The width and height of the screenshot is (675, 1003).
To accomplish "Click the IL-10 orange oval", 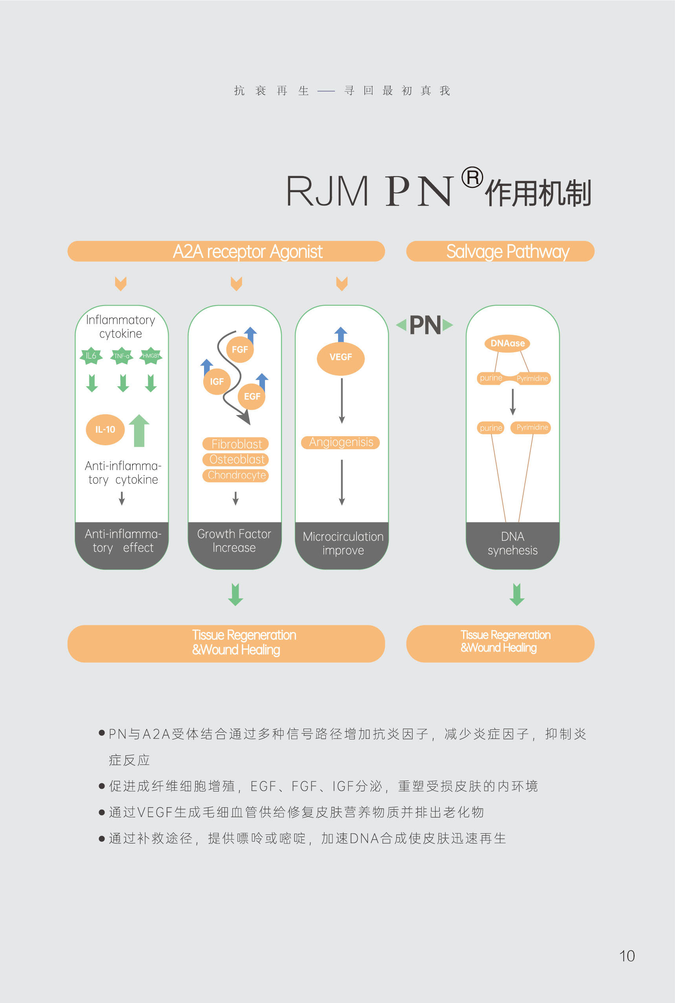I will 105,430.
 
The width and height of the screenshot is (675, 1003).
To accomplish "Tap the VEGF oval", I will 340,358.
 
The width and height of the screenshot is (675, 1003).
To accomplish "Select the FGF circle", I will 240,349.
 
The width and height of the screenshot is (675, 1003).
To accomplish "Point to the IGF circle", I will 217,381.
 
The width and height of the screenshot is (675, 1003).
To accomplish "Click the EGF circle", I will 252,396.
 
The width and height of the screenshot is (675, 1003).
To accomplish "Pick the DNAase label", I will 508,344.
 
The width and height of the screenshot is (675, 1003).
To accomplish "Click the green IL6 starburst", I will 91,355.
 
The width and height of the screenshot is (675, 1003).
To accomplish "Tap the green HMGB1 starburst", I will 151,355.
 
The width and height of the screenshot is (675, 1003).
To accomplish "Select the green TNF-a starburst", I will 121,356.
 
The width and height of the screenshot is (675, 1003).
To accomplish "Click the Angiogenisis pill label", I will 340,442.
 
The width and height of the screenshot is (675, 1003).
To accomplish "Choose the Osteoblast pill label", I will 236,459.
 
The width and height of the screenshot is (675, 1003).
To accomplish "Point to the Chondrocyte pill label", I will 236,475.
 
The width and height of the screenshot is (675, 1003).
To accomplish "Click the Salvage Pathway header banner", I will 500,251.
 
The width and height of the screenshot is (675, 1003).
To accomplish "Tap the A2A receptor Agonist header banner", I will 226,251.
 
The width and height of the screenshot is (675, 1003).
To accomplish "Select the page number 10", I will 627,956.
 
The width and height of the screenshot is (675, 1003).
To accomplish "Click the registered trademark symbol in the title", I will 472,177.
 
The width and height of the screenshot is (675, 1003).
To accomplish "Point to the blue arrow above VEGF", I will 340,334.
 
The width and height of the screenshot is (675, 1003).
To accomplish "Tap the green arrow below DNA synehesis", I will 517,595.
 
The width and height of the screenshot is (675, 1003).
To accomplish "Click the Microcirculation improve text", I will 343,544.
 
